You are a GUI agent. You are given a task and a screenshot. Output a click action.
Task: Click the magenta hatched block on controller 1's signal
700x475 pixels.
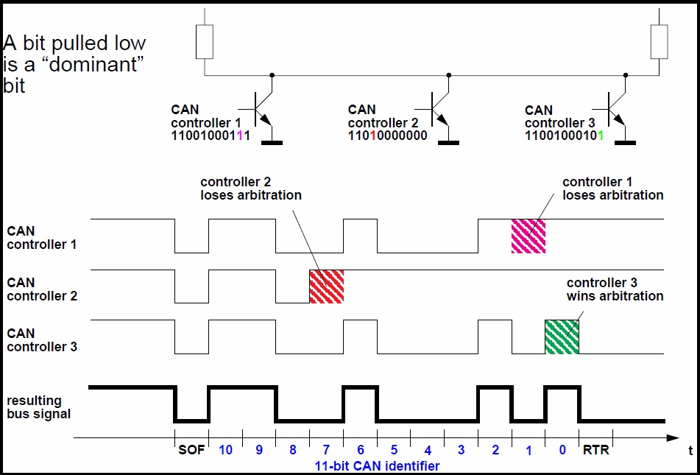click(x=528, y=236)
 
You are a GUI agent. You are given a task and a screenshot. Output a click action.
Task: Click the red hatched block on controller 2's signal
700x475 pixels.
click(x=326, y=286)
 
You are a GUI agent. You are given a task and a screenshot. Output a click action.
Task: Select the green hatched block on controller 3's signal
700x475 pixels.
click(x=562, y=337)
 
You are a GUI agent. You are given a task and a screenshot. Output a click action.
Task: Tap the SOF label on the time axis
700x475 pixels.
click(x=191, y=450)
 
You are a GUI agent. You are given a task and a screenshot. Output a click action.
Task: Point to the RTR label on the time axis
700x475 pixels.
click(x=595, y=450)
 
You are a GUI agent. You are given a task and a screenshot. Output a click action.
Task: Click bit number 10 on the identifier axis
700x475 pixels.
click(x=225, y=450)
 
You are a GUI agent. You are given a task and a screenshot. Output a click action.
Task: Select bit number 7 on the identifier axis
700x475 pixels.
click(x=326, y=450)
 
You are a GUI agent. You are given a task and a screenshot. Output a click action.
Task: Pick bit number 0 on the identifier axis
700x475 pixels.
click(x=562, y=450)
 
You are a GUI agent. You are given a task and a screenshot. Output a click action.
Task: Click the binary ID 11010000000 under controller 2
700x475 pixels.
click(x=387, y=136)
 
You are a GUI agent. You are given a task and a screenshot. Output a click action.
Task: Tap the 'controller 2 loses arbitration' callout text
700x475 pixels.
click(x=250, y=189)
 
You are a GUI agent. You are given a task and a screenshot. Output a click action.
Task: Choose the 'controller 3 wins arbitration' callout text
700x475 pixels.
click(x=615, y=289)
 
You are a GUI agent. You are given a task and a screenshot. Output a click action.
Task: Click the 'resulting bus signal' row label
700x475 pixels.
click(x=38, y=407)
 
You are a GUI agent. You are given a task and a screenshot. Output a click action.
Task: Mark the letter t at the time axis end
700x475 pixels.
click(x=690, y=449)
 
